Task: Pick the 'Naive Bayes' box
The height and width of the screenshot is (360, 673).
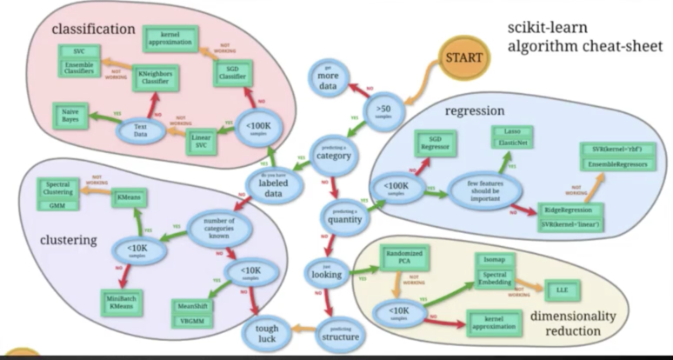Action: pos(67,115)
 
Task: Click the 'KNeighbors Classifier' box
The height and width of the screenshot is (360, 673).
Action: pos(155,80)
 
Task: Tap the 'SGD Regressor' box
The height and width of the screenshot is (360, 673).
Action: pos(430,143)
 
